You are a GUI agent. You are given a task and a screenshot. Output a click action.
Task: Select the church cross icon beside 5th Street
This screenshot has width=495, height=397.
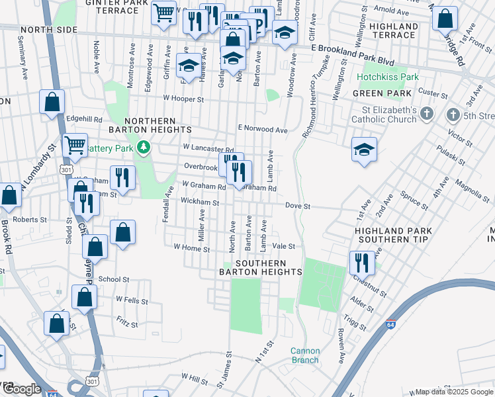tap(453, 114)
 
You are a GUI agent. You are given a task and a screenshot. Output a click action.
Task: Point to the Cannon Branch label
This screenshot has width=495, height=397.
tap(304, 356)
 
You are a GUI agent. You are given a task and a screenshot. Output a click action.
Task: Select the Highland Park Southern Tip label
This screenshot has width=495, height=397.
tap(393, 236)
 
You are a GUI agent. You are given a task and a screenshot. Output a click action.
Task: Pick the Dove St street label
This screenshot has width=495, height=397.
tap(298, 206)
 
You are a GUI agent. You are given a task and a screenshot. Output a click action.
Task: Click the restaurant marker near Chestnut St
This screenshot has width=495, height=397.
tap(362, 262)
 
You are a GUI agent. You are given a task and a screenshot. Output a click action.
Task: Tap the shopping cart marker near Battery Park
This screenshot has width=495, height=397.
tap(75, 146)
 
